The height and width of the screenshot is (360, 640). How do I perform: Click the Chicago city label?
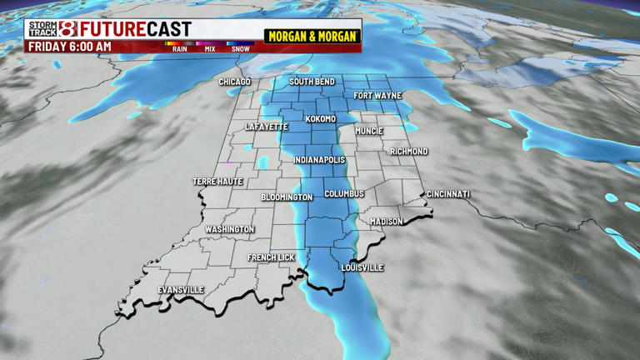point(234,82)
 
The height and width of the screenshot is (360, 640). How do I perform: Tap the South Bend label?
point(312,82)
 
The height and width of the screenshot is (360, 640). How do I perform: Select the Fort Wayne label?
point(377,96)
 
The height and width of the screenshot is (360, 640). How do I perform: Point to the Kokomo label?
point(321,119)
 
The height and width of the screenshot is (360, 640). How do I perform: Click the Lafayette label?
point(267,127)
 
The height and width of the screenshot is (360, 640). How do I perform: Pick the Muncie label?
point(368,131)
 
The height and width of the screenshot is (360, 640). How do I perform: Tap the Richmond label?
point(409,152)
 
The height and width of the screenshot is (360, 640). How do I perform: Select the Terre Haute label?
point(217,182)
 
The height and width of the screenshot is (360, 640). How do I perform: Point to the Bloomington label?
point(287,197)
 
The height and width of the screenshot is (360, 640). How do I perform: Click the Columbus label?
point(344,193)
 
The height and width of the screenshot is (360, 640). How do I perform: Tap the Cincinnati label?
point(448,194)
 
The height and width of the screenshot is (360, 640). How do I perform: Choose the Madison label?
point(387,222)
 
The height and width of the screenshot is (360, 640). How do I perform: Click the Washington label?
point(230,229)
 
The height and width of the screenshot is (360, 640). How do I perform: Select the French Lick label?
point(272,257)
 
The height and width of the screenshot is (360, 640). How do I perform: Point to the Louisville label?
point(362,267)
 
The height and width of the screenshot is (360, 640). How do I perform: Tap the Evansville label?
point(181,290)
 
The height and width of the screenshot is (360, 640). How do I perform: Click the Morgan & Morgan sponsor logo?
point(312,37)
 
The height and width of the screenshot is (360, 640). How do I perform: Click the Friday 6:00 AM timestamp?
point(69,47)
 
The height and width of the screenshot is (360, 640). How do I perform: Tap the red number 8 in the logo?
point(68,29)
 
